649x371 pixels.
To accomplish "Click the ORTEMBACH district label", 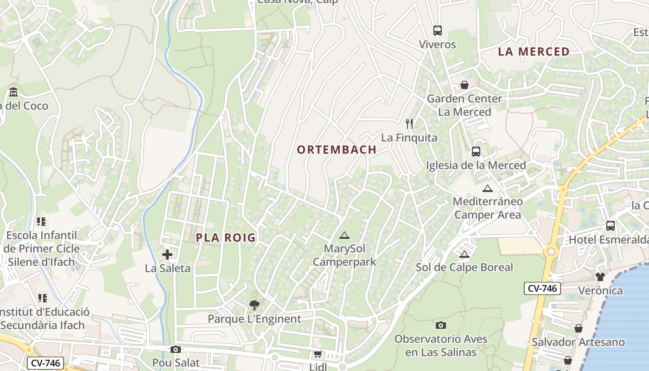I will [x=337, y=150].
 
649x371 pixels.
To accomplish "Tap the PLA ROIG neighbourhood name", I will [x=226, y=238].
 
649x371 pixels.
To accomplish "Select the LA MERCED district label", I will [x=534, y=51].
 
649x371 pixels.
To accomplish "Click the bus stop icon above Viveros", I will [x=437, y=31].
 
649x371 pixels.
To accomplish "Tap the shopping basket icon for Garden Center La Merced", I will [x=464, y=85].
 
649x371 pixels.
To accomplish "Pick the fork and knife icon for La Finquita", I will [x=409, y=124].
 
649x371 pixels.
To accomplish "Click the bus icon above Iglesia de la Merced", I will [x=476, y=152].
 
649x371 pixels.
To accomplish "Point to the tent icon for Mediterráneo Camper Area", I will [x=487, y=188].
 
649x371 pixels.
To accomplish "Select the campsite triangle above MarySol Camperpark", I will [x=344, y=236].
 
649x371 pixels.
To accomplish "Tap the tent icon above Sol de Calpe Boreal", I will [x=464, y=254].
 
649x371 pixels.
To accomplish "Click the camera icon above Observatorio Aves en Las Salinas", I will [x=441, y=325].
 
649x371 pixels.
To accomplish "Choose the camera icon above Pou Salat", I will [x=175, y=349].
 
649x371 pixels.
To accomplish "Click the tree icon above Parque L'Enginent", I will [x=254, y=305].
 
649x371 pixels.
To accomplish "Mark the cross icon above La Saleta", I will [x=167, y=255].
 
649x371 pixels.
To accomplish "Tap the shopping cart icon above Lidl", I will [x=318, y=354].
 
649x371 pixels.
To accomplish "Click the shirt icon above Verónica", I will [x=600, y=277].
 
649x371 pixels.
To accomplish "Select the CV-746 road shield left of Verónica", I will [x=542, y=288].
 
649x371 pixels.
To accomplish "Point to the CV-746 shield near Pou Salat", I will [x=45, y=363].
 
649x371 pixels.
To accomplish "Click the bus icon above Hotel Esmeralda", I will [x=611, y=226].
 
